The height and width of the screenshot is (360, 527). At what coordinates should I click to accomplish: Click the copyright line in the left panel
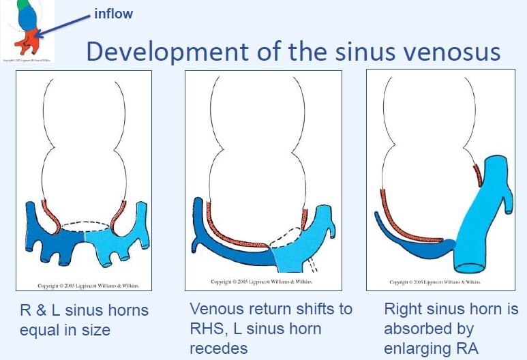click(76, 282)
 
